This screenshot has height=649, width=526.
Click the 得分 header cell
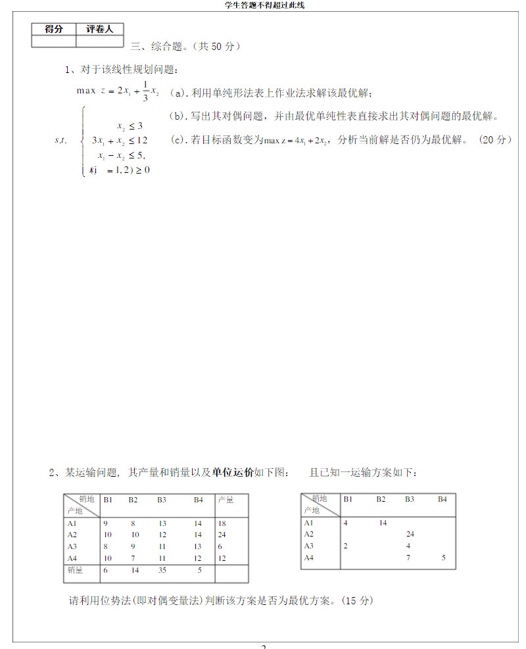click(x=53, y=29)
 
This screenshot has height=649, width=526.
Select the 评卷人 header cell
click(x=100, y=29)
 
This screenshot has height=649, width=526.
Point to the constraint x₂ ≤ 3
click(x=130, y=126)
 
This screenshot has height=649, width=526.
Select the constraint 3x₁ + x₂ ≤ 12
click(x=119, y=140)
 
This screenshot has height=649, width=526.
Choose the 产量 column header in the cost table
click(x=226, y=500)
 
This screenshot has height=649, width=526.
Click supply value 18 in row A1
click(x=222, y=523)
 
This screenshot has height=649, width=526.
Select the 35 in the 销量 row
click(x=162, y=570)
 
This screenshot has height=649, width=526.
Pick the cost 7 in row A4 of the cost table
click(x=133, y=558)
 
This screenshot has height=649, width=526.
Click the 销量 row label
click(x=74, y=570)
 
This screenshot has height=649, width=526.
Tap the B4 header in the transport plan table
click(x=442, y=499)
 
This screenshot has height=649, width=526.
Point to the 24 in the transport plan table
click(x=410, y=534)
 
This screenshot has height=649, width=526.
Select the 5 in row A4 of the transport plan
click(x=443, y=558)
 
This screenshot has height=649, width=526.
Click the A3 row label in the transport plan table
click(x=308, y=546)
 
